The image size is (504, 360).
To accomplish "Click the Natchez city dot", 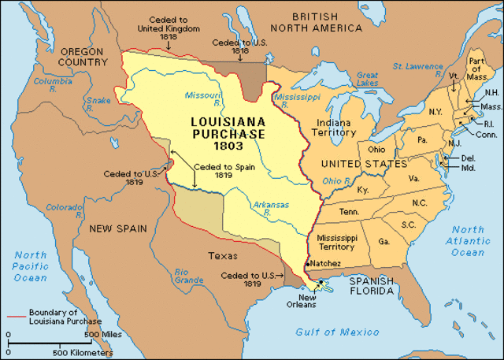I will (x=307, y=263).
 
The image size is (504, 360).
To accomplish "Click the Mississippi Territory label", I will (x=336, y=242).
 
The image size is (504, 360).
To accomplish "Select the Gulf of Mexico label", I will (x=340, y=332).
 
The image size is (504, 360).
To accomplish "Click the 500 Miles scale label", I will (x=102, y=334).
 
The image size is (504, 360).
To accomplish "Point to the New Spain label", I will (x=115, y=228).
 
